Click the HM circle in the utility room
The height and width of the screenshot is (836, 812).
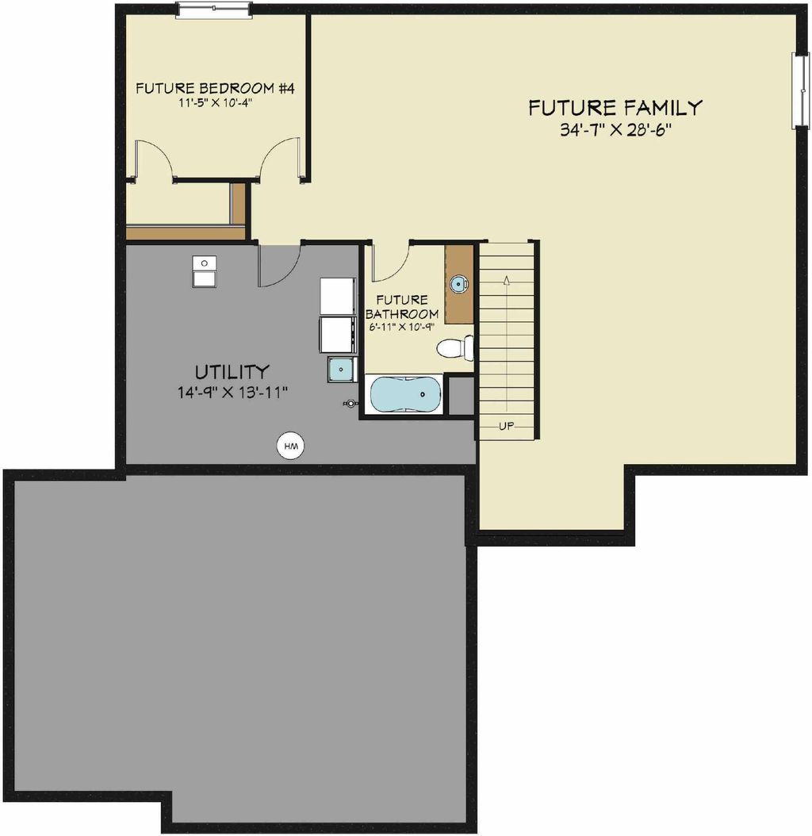(291, 447)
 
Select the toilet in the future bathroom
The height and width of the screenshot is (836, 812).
(457, 347)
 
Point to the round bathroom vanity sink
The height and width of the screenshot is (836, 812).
(458, 284)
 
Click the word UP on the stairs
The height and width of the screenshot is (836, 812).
(506, 426)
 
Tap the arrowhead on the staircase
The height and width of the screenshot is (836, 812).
(505, 278)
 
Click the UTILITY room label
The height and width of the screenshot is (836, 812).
(232, 371)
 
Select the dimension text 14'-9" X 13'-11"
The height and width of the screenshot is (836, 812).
(232, 391)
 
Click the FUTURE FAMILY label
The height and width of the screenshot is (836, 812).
(615, 107)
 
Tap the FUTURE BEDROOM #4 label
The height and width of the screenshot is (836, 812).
(215, 88)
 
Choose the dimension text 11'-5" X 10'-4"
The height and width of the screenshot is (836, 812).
(215, 103)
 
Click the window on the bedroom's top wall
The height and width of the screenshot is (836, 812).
(213, 9)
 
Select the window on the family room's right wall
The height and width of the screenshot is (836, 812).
(802, 90)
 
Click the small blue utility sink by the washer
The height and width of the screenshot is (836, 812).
(342, 369)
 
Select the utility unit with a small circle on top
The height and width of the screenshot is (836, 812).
(205, 270)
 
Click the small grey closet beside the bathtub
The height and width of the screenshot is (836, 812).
(460, 396)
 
